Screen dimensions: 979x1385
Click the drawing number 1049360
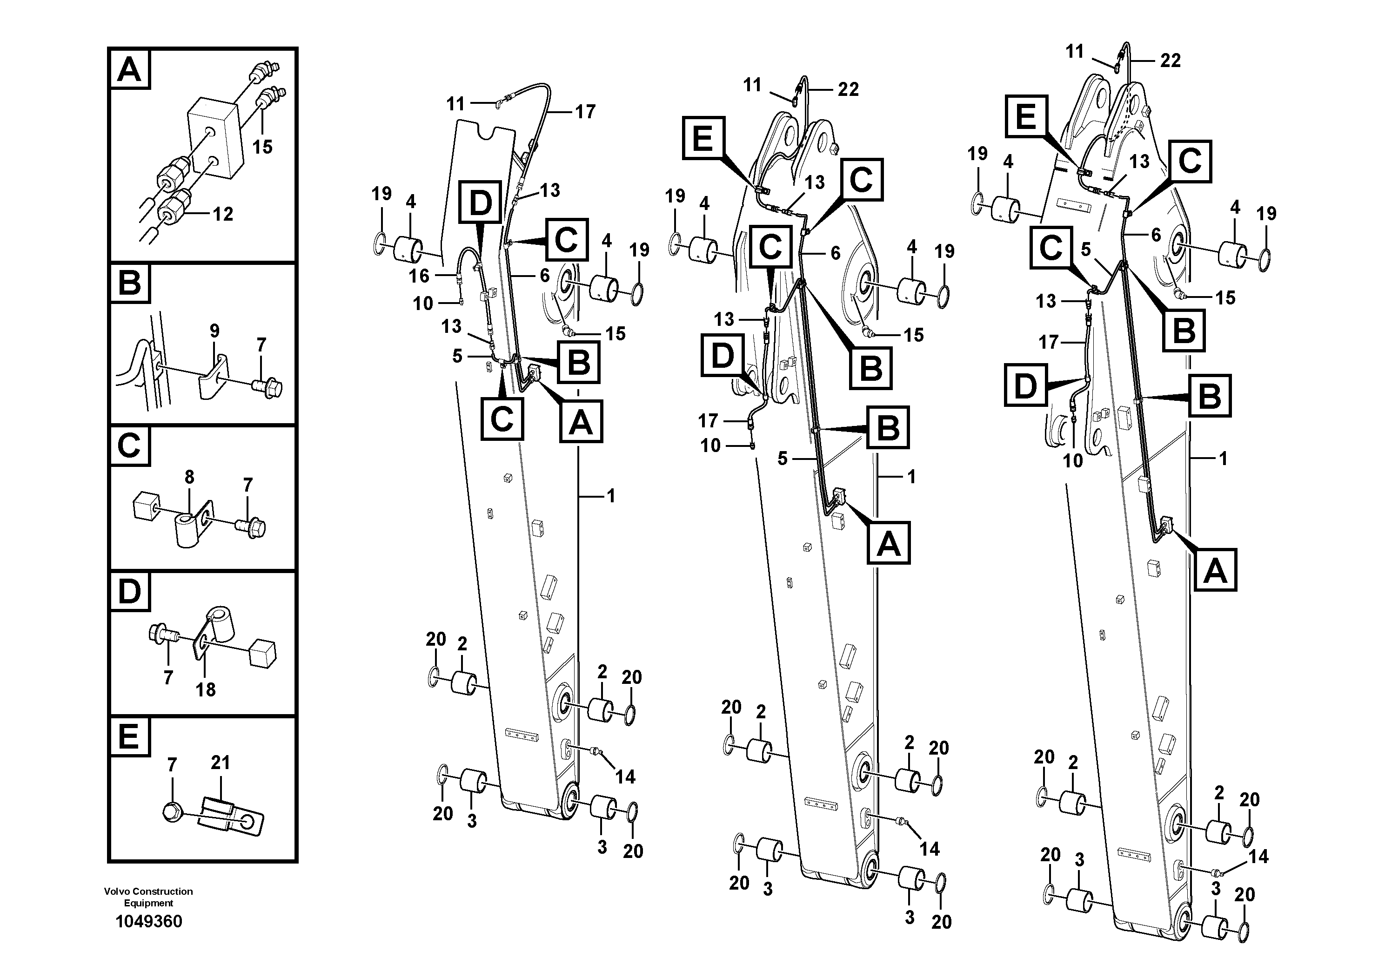pyautogui.click(x=148, y=922)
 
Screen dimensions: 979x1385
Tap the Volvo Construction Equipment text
pyautogui.click(x=148, y=897)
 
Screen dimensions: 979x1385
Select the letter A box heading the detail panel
pyautogui.click(x=129, y=70)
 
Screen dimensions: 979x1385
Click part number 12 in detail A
pyautogui.click(x=222, y=214)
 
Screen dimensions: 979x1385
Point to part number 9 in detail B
pyautogui.click(x=214, y=331)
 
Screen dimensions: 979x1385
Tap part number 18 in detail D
pyautogui.click(x=205, y=689)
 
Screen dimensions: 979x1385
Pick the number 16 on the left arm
pyautogui.click(x=419, y=276)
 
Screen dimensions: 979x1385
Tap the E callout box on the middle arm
pyautogui.click(x=703, y=138)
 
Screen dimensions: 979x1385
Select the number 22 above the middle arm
pyautogui.click(x=848, y=89)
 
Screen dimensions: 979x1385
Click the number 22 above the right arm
pyautogui.click(x=1170, y=61)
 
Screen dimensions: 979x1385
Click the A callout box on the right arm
pyautogui.click(x=1215, y=570)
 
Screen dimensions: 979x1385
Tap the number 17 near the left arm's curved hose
pyautogui.click(x=584, y=112)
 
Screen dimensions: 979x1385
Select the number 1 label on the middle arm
pyautogui.click(x=911, y=477)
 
